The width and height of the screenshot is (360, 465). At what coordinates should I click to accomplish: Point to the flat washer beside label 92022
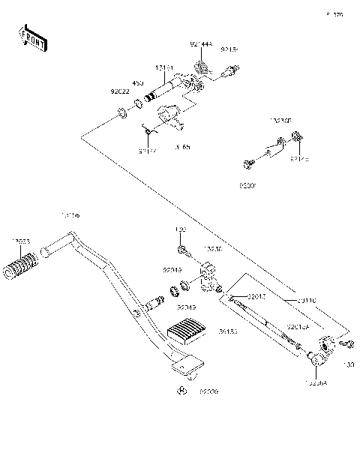click(x=120, y=115)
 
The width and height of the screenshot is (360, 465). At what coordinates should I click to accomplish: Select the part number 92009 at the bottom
click(x=210, y=392)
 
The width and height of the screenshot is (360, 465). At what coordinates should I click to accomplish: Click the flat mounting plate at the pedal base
click(x=187, y=365)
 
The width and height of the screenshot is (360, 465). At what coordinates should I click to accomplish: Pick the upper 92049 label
click(x=172, y=269)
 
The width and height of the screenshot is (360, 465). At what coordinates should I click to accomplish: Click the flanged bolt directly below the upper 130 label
click(x=181, y=249)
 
